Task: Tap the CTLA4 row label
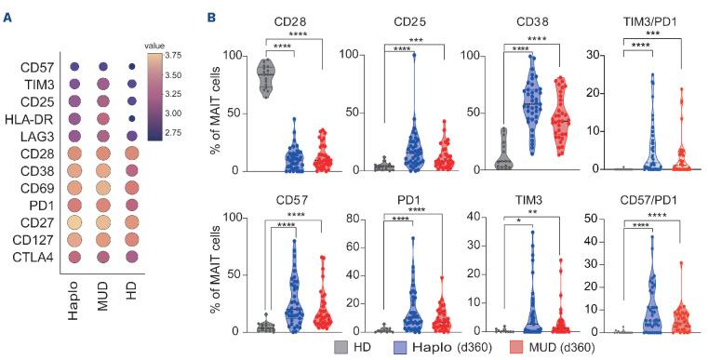[x=35, y=256]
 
